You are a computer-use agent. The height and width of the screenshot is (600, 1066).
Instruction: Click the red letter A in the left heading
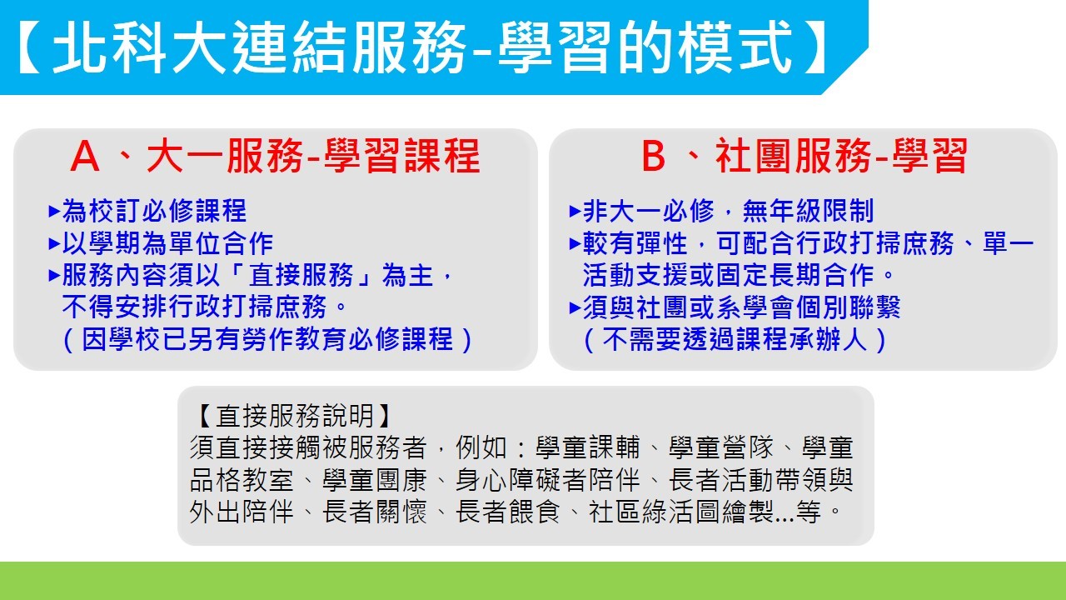pos(85,156)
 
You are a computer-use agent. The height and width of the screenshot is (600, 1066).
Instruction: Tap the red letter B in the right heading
pos(653,156)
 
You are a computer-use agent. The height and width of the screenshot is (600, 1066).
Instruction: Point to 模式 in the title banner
pos(735,47)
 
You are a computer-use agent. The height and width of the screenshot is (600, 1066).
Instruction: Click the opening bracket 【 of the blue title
pos(29,47)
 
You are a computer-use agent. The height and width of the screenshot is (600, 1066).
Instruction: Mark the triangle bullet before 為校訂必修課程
pos(54,211)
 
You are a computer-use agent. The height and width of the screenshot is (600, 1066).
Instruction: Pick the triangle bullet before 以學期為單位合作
pos(54,243)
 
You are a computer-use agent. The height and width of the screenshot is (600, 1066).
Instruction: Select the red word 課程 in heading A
pos(441,156)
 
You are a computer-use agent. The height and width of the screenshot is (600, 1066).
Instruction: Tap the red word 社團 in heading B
pos(754,156)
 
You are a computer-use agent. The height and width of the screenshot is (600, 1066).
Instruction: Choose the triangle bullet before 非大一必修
pos(575,211)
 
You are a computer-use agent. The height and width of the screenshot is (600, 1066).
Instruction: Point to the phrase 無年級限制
pos(808,211)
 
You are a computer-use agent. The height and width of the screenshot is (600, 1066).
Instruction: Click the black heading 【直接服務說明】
pos(295,416)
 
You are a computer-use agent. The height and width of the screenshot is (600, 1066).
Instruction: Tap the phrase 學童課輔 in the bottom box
pos(588,447)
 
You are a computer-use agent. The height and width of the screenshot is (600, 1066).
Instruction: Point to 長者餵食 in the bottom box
pos(508,512)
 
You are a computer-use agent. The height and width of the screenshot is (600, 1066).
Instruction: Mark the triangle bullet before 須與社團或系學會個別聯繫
pos(575,307)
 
